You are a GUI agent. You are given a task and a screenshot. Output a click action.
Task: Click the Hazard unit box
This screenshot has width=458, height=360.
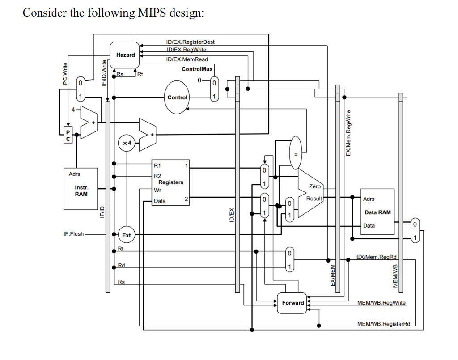[125, 55]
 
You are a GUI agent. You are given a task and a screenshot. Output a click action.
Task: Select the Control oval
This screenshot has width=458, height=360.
[177, 97]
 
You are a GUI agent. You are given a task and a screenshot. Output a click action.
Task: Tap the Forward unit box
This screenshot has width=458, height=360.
[293, 303]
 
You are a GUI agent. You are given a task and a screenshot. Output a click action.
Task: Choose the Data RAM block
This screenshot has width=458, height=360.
[377, 212]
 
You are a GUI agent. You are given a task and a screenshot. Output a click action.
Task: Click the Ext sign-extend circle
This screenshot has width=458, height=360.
[127, 235]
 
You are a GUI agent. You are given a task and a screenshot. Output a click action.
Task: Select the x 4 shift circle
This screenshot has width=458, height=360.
[127, 143]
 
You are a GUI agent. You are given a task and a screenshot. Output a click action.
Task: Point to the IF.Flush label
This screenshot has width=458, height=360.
[73, 234]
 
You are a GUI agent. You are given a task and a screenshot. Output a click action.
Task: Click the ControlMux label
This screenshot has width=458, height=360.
[197, 69]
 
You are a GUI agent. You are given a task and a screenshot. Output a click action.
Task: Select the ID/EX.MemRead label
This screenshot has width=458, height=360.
[187, 59]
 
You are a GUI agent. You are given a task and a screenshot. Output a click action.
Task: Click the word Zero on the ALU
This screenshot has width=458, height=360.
[314, 186]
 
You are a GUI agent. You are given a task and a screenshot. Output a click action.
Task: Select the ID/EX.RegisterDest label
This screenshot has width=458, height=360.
[190, 42]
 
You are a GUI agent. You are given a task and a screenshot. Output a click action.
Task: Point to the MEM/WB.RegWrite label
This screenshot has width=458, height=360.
[381, 303]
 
